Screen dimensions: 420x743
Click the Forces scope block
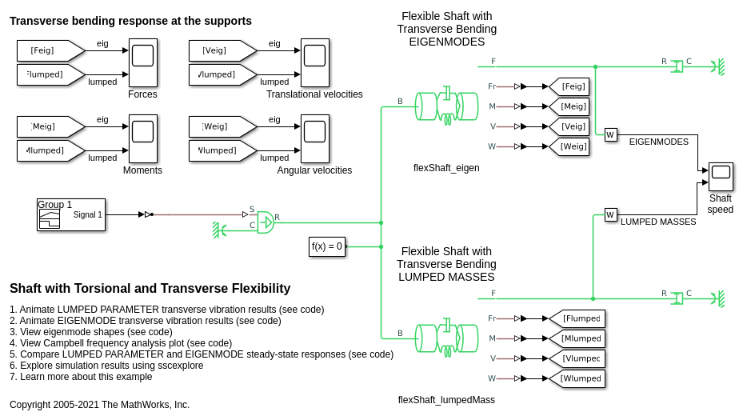[x=142, y=62]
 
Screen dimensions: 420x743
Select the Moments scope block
[x=142, y=139]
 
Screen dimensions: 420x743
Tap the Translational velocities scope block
[x=314, y=62]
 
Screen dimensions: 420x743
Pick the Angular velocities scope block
[x=314, y=139]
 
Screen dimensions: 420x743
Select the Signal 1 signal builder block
[x=71, y=214]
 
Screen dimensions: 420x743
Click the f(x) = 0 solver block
[x=327, y=246]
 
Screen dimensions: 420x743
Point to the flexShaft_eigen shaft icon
[x=446, y=106]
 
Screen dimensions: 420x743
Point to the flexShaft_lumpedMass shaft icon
[x=446, y=338]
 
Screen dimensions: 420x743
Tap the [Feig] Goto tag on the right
[x=569, y=86]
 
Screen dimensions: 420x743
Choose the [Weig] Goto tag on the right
[x=569, y=146]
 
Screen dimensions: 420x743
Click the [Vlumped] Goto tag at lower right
[x=577, y=358]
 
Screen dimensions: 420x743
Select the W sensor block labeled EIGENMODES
[x=610, y=135]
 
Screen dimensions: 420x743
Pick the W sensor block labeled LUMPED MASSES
[x=610, y=214]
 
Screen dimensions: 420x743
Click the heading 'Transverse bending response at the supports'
[x=130, y=21]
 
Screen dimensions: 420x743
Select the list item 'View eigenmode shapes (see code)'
[x=91, y=332]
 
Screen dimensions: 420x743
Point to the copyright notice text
[x=100, y=405]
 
